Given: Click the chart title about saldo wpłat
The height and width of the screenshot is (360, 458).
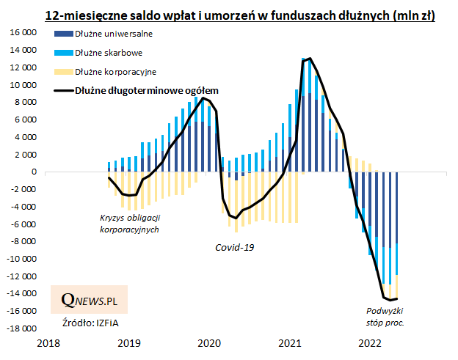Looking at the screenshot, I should pos(240,15).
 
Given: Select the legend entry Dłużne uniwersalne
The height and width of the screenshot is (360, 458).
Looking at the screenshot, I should pos(113,34).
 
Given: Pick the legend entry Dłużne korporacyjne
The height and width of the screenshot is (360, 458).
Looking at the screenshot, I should pos(114,72).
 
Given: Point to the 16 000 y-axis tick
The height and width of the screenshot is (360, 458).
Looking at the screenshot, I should pos(25,33).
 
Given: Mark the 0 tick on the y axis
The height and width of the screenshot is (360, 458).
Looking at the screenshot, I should pos(34,172).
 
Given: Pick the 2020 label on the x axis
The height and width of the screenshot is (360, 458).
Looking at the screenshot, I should pos(209,343).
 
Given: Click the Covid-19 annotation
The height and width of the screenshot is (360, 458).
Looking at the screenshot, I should pos(234,247).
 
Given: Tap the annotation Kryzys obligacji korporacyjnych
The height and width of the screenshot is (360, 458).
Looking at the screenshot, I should pos(129,224).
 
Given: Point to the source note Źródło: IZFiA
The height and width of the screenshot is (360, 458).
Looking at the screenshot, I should pos(84,323).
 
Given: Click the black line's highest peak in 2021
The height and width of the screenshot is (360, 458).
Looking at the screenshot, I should pos(310,59).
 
